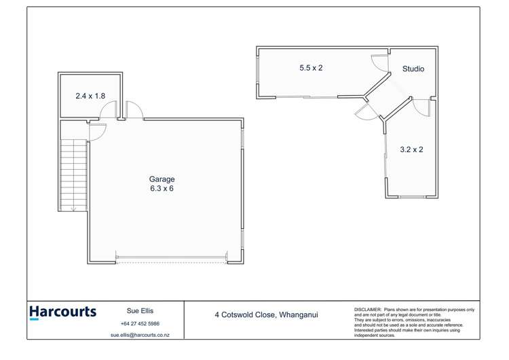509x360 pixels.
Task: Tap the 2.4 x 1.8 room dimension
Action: [90, 96]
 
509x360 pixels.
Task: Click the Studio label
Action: [413, 69]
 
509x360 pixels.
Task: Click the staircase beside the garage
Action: [73, 175]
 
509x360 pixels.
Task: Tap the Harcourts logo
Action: [62, 312]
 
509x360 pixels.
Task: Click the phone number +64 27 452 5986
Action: [139, 324]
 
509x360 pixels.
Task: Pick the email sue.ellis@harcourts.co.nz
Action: [139, 336]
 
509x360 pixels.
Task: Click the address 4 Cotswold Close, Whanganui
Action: [266, 314]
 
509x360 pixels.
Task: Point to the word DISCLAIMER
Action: [367, 310]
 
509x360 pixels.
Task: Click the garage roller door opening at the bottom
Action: [171, 258]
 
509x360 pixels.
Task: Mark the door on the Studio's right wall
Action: [424, 107]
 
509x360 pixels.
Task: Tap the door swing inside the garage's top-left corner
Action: [97, 132]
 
